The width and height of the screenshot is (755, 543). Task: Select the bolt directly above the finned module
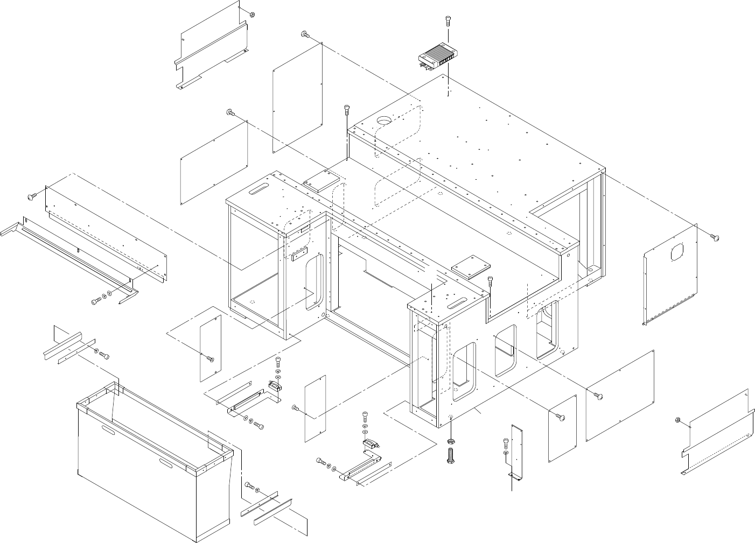click(x=448, y=21)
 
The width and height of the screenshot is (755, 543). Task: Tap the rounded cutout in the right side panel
click(x=677, y=252)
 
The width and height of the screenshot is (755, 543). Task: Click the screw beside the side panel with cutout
click(x=715, y=237)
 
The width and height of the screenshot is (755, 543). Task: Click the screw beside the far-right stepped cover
click(x=679, y=420)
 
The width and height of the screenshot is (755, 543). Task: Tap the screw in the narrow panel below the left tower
click(x=209, y=358)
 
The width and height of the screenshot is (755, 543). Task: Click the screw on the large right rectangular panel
click(x=598, y=396)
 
